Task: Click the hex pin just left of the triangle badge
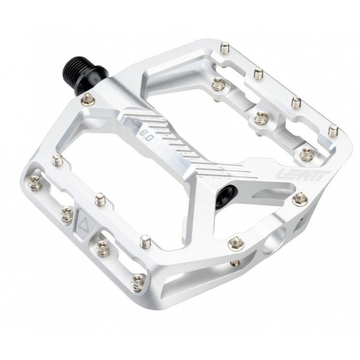click(66, 214)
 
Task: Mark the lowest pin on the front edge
click(138, 282)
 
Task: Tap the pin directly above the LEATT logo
click(306, 154)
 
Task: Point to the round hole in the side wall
click(272, 241)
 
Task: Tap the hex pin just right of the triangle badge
click(102, 246)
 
